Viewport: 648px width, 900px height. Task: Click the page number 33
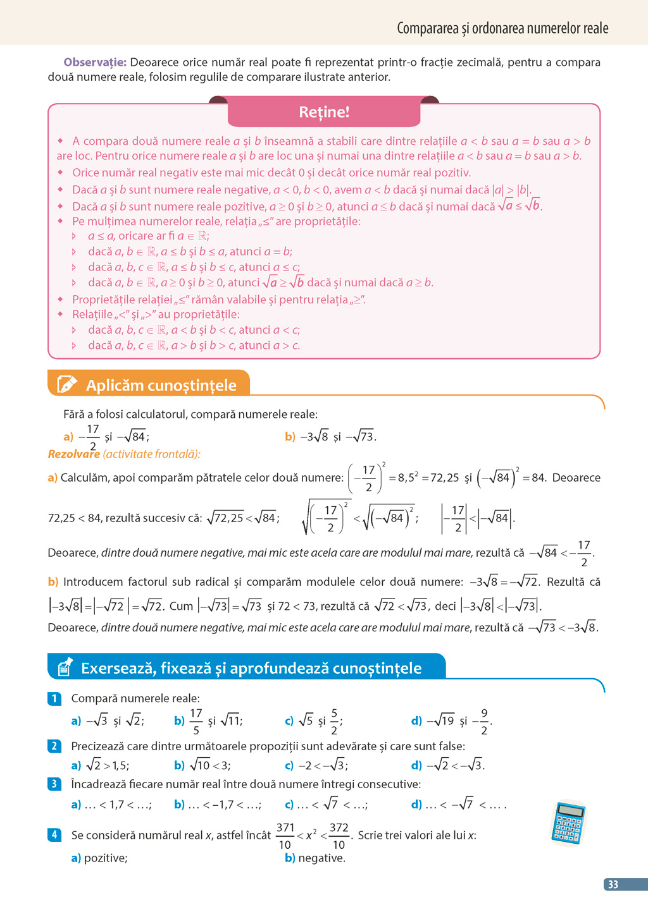pos(613,884)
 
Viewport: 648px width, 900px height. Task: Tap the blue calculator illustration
pos(568,823)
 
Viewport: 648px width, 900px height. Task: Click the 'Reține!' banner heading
pos(324,112)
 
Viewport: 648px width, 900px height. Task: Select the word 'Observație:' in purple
pos(95,62)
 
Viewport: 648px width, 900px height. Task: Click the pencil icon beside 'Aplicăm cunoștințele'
pos(66,384)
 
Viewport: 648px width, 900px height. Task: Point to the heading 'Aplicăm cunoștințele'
pos(161,385)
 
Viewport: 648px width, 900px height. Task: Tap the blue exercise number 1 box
pos(54,698)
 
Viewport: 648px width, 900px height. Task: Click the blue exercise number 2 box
pos(54,746)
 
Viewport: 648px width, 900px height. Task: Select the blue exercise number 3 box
pos(54,784)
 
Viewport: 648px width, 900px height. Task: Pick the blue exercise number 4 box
pos(54,834)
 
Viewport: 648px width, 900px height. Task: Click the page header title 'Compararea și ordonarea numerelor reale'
pos(502,28)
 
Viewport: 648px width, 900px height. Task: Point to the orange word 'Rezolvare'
pos(73,454)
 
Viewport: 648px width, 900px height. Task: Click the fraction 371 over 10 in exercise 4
pos(285,836)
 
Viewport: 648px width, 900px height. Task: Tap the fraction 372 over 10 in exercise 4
pos(339,836)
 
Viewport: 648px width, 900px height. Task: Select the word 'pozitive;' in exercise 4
pos(106,858)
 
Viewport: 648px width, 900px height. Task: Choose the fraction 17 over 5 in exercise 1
pos(196,721)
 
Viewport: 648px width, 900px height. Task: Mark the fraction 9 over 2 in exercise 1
pos(484,721)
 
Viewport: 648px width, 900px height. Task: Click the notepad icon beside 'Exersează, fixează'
pos(65,667)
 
